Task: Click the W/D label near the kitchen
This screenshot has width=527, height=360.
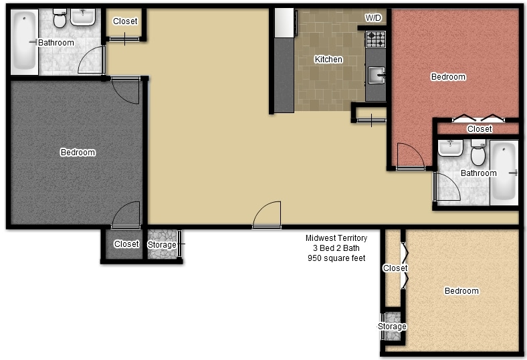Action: [x=373, y=18]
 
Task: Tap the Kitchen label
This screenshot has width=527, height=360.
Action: [x=328, y=60]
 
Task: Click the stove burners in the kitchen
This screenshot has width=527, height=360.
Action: [x=375, y=39]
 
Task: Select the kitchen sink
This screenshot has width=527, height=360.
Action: [x=376, y=75]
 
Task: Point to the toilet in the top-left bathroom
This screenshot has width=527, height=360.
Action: [x=60, y=19]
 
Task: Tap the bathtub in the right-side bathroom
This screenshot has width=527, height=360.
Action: [x=504, y=173]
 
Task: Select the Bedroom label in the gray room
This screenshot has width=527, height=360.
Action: [x=78, y=153]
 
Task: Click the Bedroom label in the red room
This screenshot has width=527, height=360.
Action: [x=447, y=77]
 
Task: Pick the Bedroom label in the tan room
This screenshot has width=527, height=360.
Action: [x=461, y=291]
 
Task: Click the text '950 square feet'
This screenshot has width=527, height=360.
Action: [x=336, y=258]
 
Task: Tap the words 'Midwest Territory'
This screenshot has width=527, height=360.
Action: [x=336, y=238]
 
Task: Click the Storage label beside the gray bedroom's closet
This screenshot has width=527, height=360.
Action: [x=162, y=245]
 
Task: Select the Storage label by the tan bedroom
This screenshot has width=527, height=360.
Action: [x=392, y=327]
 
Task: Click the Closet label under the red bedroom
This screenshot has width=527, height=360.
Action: [x=479, y=129]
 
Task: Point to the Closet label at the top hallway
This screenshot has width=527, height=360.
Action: [x=125, y=21]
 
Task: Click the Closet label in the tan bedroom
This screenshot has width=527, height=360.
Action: [x=395, y=268]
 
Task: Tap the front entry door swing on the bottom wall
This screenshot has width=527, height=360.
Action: [x=267, y=215]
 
